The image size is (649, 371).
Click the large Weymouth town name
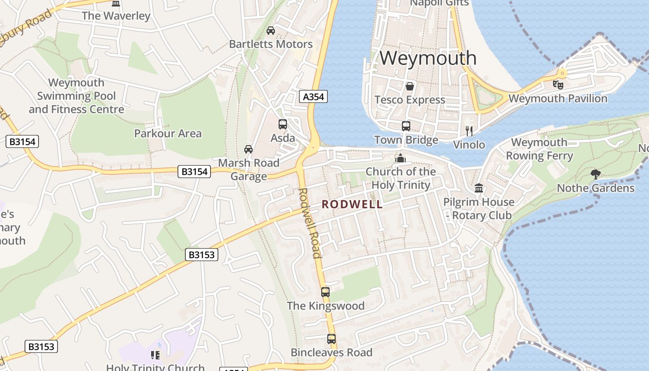click(428, 58)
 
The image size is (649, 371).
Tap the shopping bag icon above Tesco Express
click(410, 86)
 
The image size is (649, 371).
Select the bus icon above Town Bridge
click(406, 126)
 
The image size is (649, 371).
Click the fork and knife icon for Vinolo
click(469, 131)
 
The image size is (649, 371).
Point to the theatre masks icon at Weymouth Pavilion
click(558, 84)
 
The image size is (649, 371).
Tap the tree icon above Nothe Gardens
click(596, 174)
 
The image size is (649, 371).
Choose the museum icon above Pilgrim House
click(479, 188)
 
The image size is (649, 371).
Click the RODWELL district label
click(352, 204)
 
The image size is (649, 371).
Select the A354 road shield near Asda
click(313, 96)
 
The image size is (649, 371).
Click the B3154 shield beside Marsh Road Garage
click(194, 172)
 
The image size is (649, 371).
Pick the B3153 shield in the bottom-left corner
click(41, 346)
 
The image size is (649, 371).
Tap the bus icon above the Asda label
click(283, 124)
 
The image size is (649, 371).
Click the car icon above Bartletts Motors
click(271, 31)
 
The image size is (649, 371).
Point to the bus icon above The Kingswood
click(325, 292)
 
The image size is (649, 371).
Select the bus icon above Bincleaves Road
click(331, 339)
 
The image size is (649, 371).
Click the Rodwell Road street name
click(310, 223)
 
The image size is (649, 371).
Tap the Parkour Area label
click(168, 134)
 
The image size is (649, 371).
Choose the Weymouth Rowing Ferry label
click(539, 149)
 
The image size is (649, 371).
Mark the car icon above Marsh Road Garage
click(248, 149)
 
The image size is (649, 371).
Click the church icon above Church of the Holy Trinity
click(401, 158)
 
